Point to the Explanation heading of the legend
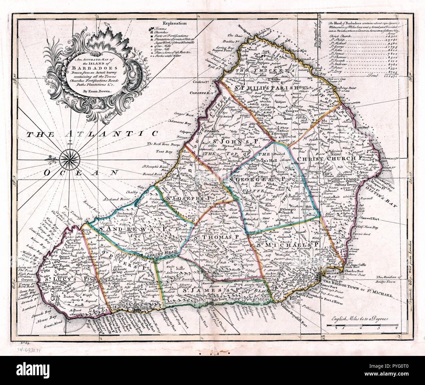(x=175, y=23)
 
